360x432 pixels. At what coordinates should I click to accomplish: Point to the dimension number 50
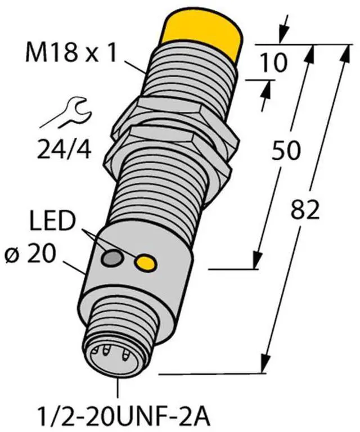tap(285, 150)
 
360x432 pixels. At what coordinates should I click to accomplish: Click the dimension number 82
tap(305, 209)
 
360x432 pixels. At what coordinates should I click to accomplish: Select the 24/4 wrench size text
tap(64, 149)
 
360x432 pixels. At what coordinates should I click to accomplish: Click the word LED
tap(53, 220)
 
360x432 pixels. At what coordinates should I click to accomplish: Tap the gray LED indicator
tap(112, 258)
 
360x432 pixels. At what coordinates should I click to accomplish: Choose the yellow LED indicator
tap(146, 262)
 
